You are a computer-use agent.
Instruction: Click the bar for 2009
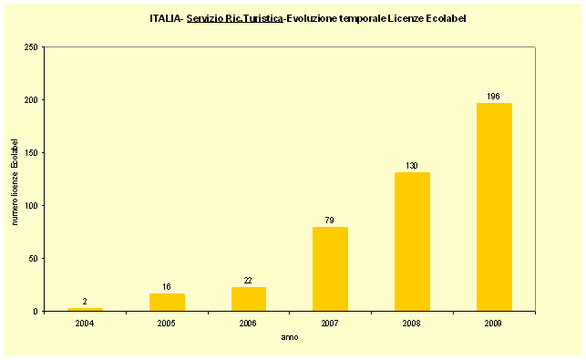point(494,207)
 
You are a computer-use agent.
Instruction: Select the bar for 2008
point(412,242)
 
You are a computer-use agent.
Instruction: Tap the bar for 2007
point(330,269)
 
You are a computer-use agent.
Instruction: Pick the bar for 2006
point(248,299)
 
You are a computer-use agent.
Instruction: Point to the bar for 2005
point(167,302)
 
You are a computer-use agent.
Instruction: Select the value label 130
point(412,166)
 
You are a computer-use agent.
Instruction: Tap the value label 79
point(330,220)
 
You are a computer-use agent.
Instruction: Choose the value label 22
point(248,280)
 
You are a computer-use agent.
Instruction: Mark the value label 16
point(167,286)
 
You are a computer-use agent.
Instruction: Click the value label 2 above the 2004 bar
point(85,301)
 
